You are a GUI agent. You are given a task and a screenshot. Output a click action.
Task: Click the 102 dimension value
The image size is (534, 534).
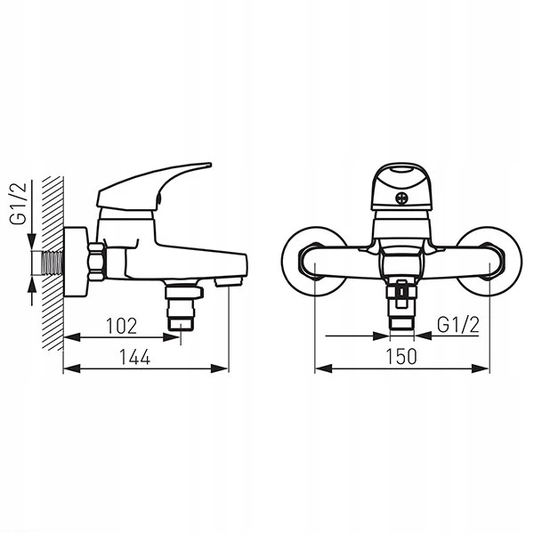tap(122, 326)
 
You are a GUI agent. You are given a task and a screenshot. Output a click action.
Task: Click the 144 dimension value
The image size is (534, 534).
tap(135, 357)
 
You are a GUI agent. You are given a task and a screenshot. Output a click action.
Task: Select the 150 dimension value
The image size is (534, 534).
tap(401, 357)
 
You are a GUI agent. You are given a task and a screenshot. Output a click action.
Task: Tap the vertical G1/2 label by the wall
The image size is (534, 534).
tap(18, 203)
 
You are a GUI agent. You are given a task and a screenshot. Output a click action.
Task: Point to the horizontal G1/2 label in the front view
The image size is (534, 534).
tap(458, 325)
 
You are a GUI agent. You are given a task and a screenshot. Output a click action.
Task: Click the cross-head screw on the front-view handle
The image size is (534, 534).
tap(401, 198)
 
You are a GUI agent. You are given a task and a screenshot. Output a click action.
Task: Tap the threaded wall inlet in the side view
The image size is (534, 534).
tap(53, 263)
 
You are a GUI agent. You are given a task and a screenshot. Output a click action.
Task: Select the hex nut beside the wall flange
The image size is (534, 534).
tap(96, 262)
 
